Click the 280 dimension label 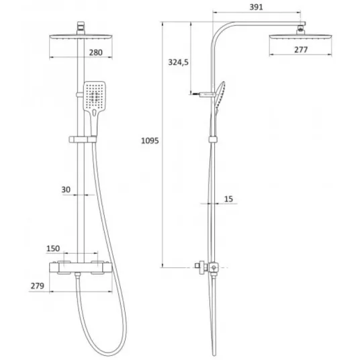(x=95, y=52)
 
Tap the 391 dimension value (x=256, y=7)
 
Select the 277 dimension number (x=301, y=49)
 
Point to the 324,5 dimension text (x=178, y=62)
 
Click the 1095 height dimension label (x=150, y=140)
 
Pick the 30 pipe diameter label (x=66, y=189)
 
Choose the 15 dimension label (x=228, y=199)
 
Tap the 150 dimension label (x=53, y=249)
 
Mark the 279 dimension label (x=37, y=286)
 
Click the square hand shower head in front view (x=94, y=96)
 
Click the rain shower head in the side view (x=300, y=37)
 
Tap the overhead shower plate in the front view (x=81, y=37)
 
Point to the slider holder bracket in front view (x=83, y=139)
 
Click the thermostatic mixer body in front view (x=81, y=267)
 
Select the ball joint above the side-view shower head (x=301, y=30)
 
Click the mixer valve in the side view (x=208, y=268)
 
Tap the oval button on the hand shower (x=94, y=113)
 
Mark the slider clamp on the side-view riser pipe (x=213, y=140)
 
